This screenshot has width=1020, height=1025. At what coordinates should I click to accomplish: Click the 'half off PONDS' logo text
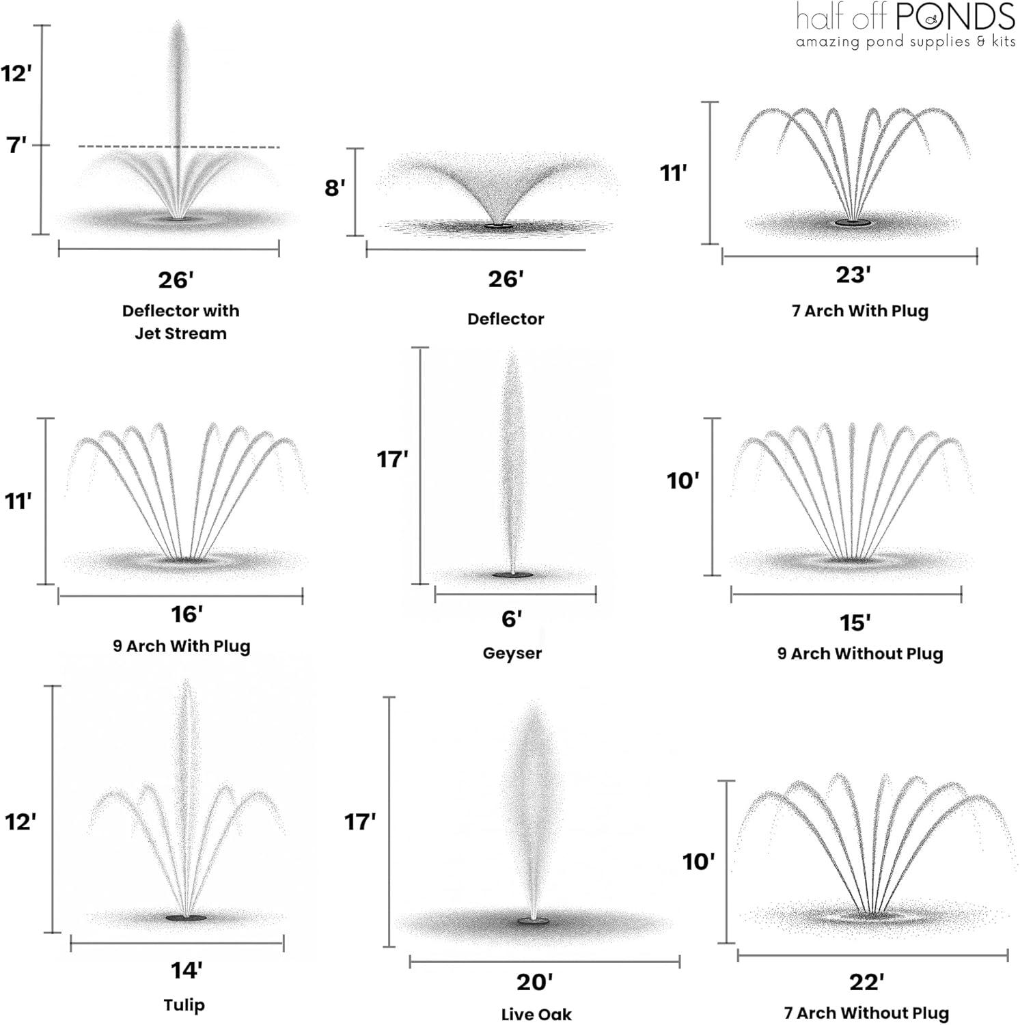point(905,17)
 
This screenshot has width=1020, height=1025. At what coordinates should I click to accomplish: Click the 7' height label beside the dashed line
point(16,145)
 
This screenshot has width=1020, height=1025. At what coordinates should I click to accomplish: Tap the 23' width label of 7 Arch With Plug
point(853,275)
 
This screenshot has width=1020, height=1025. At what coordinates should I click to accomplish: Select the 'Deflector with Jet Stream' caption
point(180,322)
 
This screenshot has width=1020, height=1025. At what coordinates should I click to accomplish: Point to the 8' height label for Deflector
point(335,187)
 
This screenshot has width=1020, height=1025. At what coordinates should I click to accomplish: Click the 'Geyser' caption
point(512,653)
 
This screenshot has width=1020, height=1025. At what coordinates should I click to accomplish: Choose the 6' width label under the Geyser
point(512,619)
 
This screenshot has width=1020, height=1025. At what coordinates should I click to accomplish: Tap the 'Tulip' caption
point(184,1005)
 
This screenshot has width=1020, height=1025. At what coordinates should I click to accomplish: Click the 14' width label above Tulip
point(186,970)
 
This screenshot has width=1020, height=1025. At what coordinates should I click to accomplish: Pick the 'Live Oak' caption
point(536,1015)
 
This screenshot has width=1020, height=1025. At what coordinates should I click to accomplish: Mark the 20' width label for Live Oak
point(534,983)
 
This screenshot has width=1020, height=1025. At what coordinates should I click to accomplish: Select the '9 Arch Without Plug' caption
point(859,654)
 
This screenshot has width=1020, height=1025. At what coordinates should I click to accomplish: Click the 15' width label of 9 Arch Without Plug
point(855,623)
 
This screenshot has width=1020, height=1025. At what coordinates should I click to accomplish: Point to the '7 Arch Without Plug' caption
point(866,1013)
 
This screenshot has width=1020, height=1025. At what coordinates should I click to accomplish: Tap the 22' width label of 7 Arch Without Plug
point(866,983)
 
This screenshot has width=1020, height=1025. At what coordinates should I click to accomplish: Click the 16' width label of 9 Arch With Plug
point(187,614)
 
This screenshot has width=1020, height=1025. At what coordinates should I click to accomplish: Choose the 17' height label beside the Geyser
point(392,459)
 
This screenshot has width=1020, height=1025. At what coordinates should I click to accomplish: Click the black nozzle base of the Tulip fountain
point(185,918)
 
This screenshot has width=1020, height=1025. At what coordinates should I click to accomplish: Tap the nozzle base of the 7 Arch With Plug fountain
point(853,223)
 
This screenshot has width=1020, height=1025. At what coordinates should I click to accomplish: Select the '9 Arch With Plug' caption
point(181,646)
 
